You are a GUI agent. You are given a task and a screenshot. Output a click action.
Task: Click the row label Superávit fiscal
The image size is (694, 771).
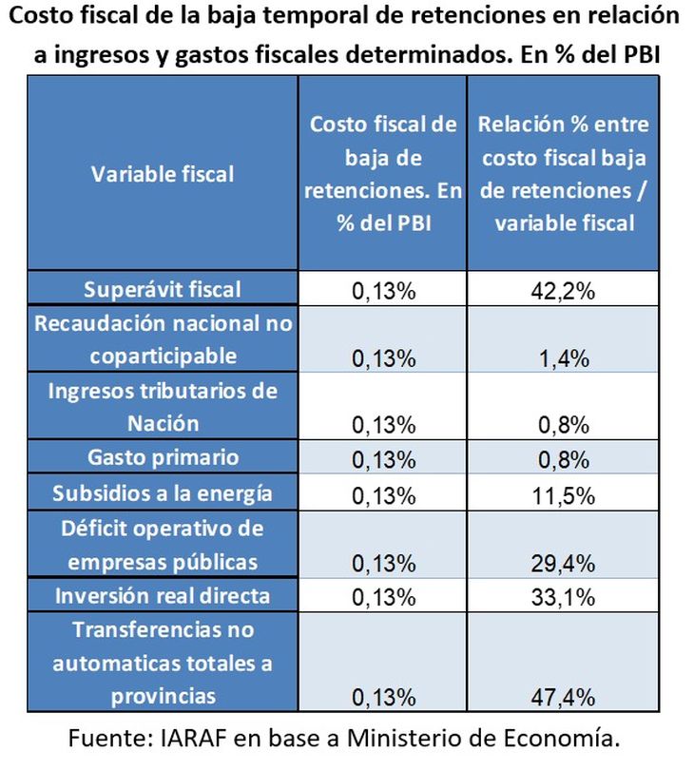163,289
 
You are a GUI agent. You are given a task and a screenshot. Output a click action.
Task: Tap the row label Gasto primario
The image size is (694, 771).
163,457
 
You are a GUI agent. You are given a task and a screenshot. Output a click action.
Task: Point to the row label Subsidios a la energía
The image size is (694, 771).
163,492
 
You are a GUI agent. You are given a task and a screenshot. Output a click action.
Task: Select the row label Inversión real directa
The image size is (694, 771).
163,596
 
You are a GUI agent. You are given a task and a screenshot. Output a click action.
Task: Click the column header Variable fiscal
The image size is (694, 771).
163,174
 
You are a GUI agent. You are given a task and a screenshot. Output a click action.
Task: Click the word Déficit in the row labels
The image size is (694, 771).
102,528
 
